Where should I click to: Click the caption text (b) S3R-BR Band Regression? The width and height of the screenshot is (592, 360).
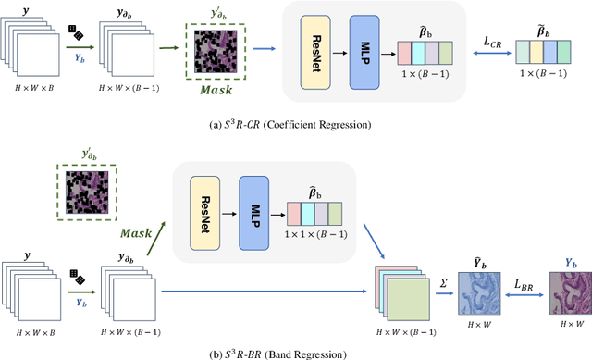point(295,352)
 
